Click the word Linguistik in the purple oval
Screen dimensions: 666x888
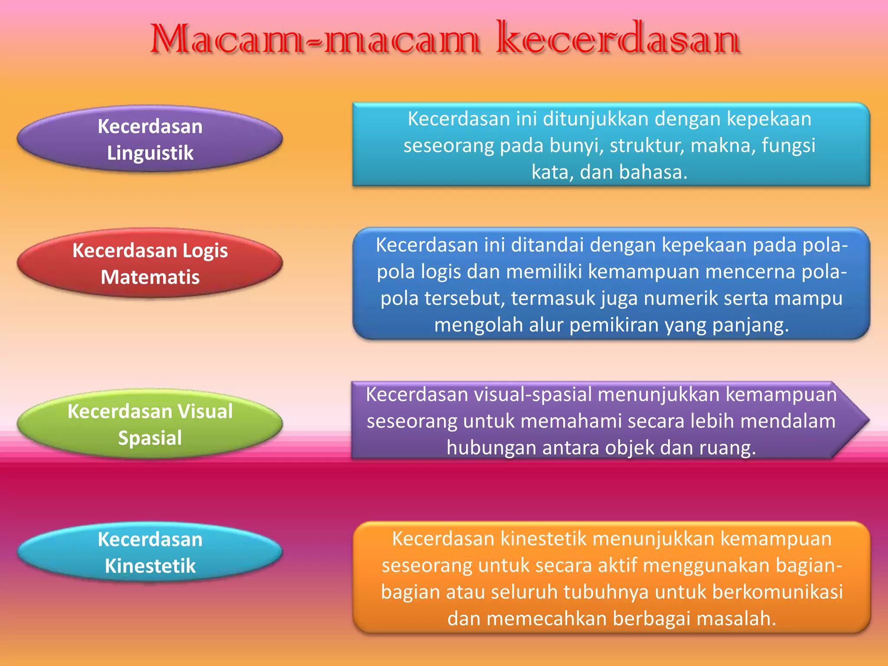tap(150, 153)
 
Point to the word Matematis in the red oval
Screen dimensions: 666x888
tap(150, 277)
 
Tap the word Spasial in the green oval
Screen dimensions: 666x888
tap(150, 438)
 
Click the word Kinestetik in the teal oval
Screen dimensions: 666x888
tap(150, 566)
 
